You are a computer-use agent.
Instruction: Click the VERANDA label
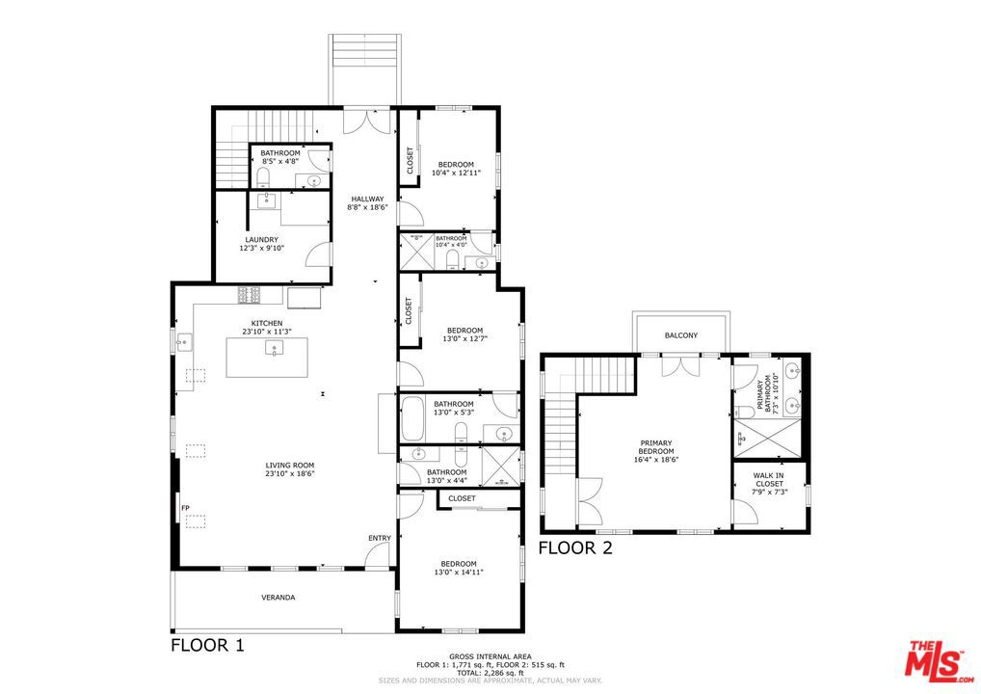(x=278, y=598)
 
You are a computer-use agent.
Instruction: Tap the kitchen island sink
(x=274, y=349)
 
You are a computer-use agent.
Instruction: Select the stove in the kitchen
(x=249, y=295)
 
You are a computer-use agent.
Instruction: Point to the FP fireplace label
(x=185, y=508)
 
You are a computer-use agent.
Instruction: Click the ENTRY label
(x=380, y=538)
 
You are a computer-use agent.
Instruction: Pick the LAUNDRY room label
(x=261, y=240)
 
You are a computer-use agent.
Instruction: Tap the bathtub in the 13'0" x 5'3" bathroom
(x=412, y=418)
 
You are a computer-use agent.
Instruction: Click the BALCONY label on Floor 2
(x=680, y=335)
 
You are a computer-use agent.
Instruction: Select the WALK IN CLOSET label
(x=769, y=479)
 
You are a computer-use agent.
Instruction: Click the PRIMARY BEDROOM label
(x=656, y=447)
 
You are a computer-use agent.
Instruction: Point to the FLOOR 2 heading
(x=575, y=548)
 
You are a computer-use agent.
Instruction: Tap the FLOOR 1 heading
(x=208, y=645)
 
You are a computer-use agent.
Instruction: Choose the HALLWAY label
(x=367, y=199)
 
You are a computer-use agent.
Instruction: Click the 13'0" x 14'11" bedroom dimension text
(x=459, y=572)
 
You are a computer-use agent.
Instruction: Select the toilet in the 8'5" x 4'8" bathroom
(x=264, y=177)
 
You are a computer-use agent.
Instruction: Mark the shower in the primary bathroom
(x=768, y=439)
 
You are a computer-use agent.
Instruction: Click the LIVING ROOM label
(x=290, y=465)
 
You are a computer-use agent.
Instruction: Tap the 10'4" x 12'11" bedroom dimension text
(x=456, y=173)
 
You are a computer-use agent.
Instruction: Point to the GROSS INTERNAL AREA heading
(x=490, y=656)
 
